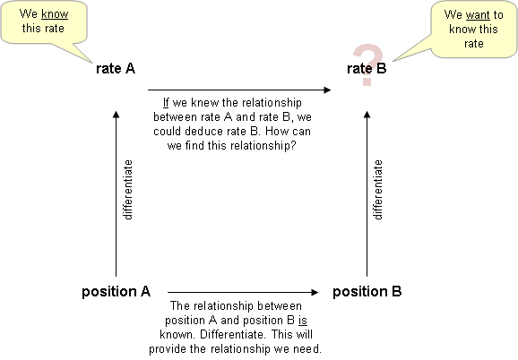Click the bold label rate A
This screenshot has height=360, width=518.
click(x=116, y=69)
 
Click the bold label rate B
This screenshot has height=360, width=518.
click(x=367, y=69)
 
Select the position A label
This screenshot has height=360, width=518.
click(x=116, y=292)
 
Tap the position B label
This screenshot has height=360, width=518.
click(x=367, y=292)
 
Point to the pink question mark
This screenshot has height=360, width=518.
click(x=368, y=64)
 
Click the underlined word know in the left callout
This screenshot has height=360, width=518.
click(x=55, y=14)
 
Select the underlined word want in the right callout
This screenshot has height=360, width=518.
click(x=478, y=15)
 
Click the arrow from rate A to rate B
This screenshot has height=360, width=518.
click(x=239, y=90)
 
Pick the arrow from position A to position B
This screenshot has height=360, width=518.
click(x=243, y=292)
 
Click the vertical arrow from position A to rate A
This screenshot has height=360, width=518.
click(x=116, y=193)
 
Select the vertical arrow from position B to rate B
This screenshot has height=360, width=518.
click(x=367, y=193)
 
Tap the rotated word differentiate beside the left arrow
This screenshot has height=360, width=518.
click(x=128, y=190)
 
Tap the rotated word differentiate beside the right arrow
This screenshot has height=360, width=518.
click(x=378, y=190)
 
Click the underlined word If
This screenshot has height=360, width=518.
click(x=166, y=103)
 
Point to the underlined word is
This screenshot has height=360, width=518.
click(x=303, y=321)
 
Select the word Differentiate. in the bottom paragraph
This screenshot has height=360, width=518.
click(x=233, y=335)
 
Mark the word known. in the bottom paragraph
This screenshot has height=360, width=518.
click(x=178, y=335)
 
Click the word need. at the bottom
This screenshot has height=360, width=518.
click(x=308, y=348)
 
